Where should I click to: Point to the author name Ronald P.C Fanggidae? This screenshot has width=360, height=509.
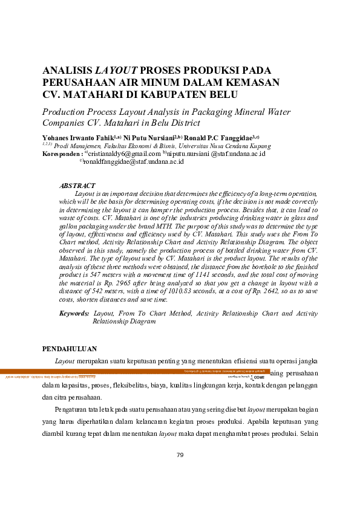216,138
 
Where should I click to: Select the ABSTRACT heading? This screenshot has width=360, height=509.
77,186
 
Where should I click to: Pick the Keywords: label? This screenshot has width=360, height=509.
74,314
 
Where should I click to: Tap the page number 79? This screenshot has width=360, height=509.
180,455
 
